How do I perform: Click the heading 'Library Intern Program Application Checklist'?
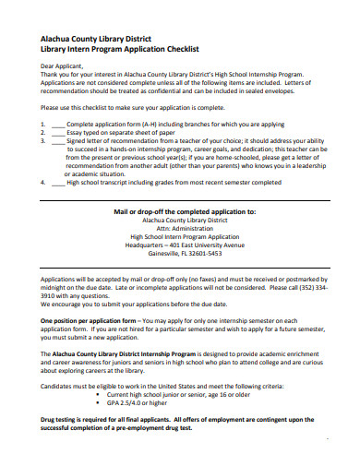pyautogui.click(x=114, y=48)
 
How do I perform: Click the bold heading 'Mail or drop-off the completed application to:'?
pyautogui.click(x=180, y=211)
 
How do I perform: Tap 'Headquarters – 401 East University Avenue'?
pyautogui.click(x=180, y=246)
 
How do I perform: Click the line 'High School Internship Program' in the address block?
pyautogui.click(x=180, y=237)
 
